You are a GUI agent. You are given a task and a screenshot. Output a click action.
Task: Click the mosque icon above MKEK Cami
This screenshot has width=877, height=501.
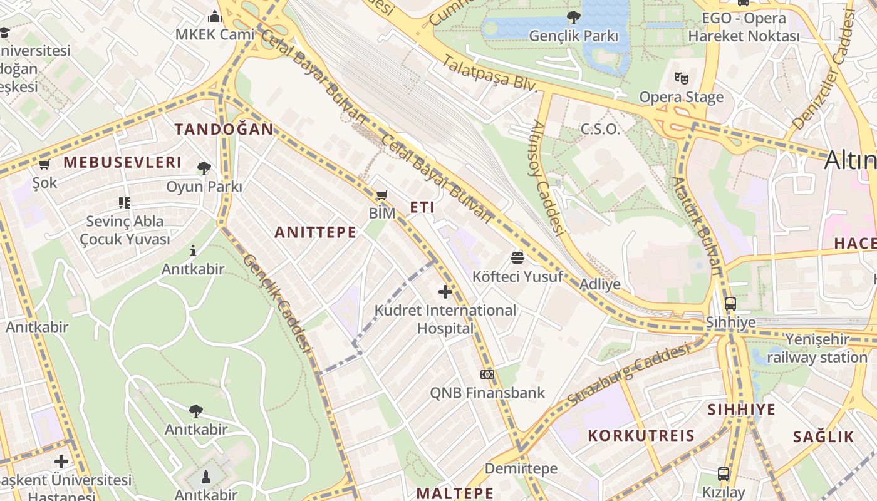(215, 16)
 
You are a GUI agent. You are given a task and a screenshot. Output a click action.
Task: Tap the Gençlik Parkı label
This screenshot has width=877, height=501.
(573, 36)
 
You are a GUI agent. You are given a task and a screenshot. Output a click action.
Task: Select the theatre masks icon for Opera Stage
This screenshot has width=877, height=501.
(681, 78)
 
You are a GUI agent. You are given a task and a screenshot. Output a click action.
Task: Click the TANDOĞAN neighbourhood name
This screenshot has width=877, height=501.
(224, 130)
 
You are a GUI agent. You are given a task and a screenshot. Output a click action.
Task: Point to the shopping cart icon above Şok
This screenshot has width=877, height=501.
(44, 165)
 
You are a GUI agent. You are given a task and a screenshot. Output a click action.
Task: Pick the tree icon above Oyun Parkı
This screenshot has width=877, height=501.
(204, 168)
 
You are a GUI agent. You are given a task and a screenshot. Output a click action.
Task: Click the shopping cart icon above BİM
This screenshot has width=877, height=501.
(381, 195)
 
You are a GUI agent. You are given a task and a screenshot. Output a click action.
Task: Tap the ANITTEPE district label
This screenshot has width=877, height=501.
(315, 232)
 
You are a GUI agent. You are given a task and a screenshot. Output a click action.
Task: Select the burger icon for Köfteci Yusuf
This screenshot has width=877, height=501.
(517, 257)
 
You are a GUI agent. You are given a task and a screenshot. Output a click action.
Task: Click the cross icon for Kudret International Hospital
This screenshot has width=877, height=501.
(445, 291)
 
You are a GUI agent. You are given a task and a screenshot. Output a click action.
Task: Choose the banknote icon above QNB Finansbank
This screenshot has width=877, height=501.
(487, 374)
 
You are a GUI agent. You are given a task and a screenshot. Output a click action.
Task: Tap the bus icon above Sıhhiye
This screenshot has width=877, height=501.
(730, 304)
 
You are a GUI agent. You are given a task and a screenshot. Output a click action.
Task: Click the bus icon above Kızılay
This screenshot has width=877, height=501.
(724, 473)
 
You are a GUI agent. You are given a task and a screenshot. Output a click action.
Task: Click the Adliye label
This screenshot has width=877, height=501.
(600, 284)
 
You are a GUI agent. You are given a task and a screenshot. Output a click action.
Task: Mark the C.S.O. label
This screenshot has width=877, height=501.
(600, 130)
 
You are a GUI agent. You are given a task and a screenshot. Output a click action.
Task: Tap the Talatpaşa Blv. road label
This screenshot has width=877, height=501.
(490, 73)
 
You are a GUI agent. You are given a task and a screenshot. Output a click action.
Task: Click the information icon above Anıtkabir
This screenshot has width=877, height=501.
(192, 251)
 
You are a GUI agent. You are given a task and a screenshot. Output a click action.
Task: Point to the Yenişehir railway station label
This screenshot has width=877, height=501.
(817, 349)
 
